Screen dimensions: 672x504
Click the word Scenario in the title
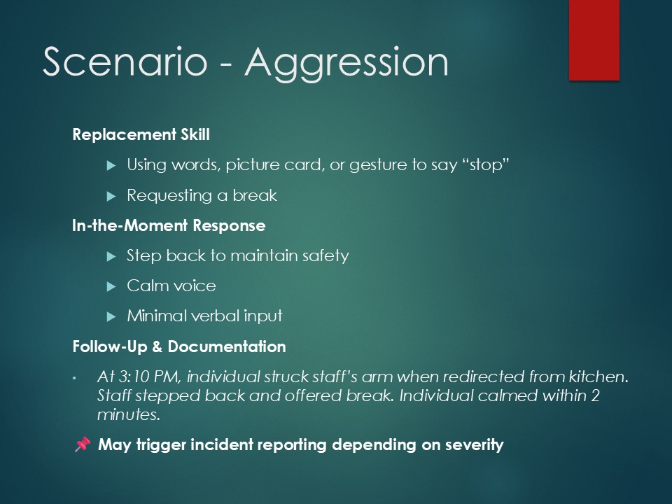pos(125,62)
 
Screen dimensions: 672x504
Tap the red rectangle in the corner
pos(594,40)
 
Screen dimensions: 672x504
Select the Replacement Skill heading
pos(141,134)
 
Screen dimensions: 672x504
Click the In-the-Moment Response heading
pos(169,225)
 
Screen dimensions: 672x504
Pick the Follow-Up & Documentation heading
pos(179,346)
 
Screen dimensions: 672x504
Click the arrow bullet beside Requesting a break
pos(111,196)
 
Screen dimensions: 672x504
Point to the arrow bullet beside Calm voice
pos(111,286)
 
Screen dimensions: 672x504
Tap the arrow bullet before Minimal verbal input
pos(111,316)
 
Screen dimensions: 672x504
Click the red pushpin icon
pos(83,444)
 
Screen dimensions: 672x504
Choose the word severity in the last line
pos(474,445)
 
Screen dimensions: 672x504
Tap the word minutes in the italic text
pos(129,414)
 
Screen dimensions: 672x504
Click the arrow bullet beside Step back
pos(111,257)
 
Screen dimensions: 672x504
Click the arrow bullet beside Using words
pos(111,165)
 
